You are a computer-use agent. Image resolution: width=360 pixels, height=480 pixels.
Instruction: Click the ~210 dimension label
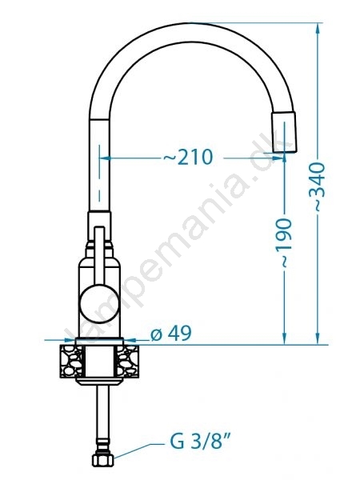tap(188, 158)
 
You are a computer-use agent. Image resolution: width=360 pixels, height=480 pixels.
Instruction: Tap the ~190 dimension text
tap(283, 242)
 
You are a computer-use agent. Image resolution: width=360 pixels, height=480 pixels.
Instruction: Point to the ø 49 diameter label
tap(171, 333)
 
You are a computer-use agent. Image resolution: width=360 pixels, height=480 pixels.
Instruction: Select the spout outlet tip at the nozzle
tap(284, 132)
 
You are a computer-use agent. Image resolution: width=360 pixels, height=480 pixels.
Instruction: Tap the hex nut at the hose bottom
tap(103, 459)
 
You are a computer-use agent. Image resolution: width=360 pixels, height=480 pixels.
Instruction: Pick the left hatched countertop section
tap(71, 362)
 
